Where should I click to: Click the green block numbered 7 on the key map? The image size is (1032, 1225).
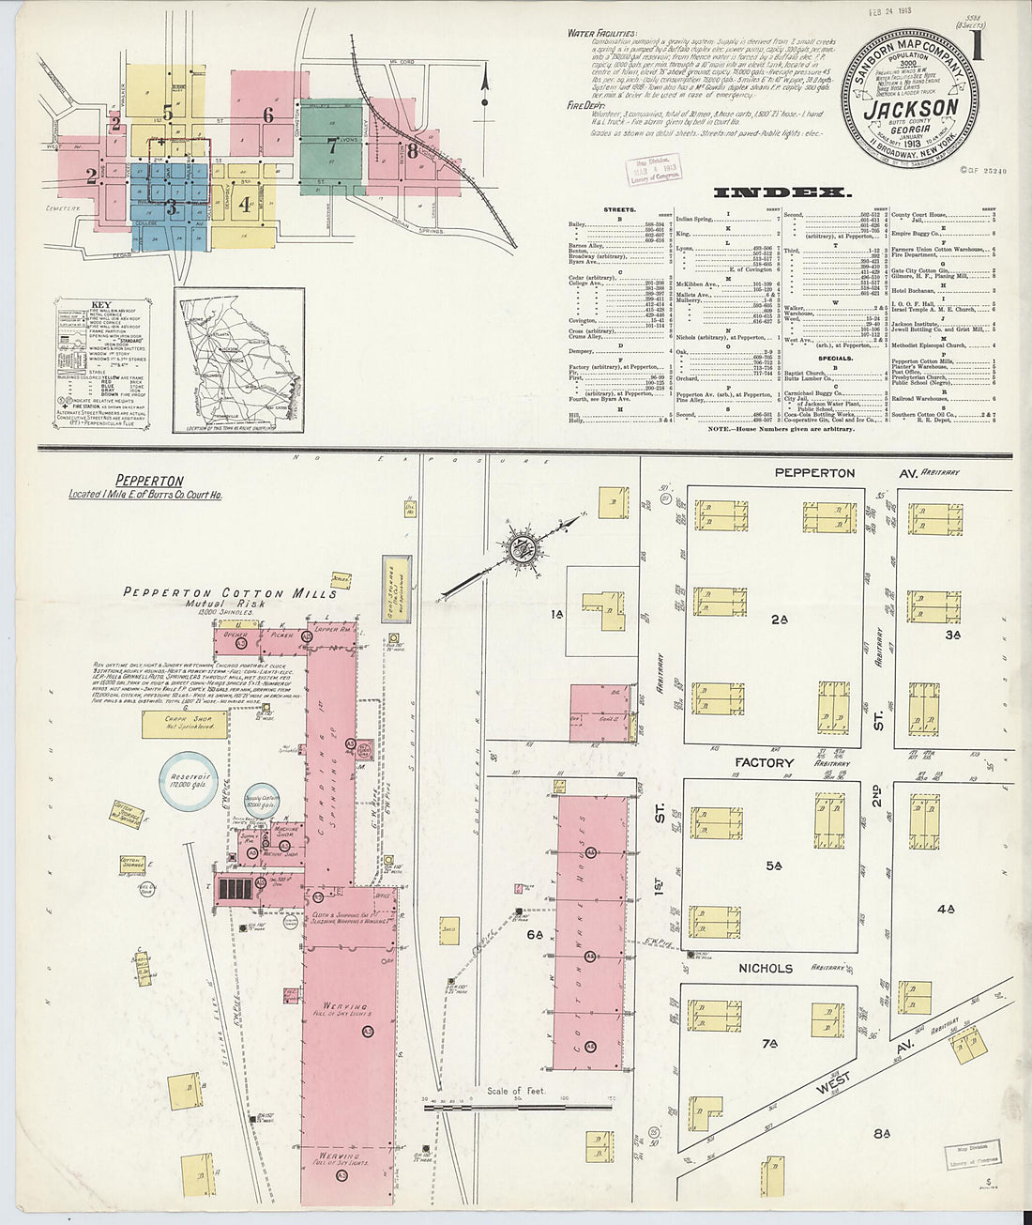[x=331, y=145]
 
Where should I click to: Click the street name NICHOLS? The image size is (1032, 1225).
[x=766, y=968]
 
